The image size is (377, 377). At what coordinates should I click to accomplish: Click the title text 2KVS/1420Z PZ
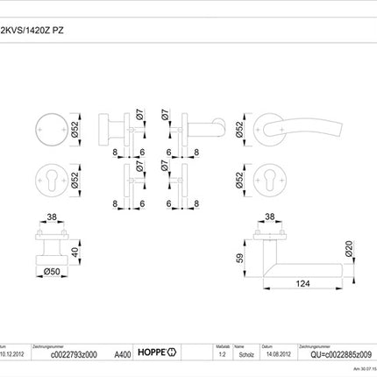[32, 29]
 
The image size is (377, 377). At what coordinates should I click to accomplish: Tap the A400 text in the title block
[124, 356]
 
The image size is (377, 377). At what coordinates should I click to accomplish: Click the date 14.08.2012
[276, 356]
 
